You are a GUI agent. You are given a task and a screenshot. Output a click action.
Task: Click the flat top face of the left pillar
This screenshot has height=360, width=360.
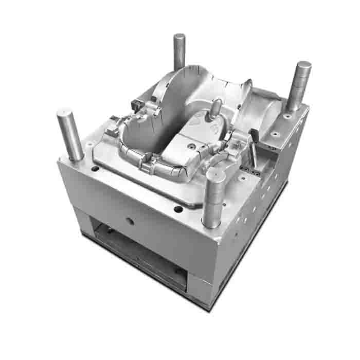[x=66, y=112]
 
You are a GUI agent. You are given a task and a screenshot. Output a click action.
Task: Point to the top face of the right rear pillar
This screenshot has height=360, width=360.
[x=303, y=64]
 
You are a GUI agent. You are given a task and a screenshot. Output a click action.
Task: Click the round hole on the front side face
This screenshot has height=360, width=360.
[x=130, y=221]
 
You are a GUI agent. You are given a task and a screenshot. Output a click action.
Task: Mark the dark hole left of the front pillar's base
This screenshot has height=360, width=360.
[x=178, y=209]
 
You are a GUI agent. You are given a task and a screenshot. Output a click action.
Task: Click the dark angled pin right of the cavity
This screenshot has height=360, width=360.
[x=254, y=139]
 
